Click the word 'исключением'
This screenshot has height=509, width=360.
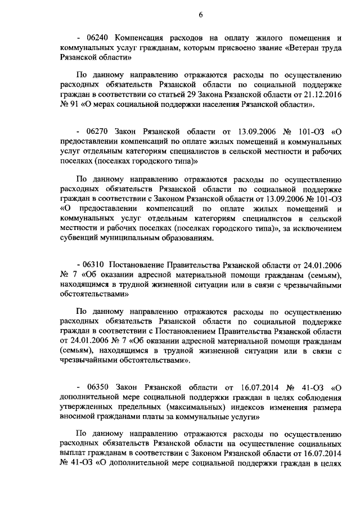pyautogui.click(x=319, y=228)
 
